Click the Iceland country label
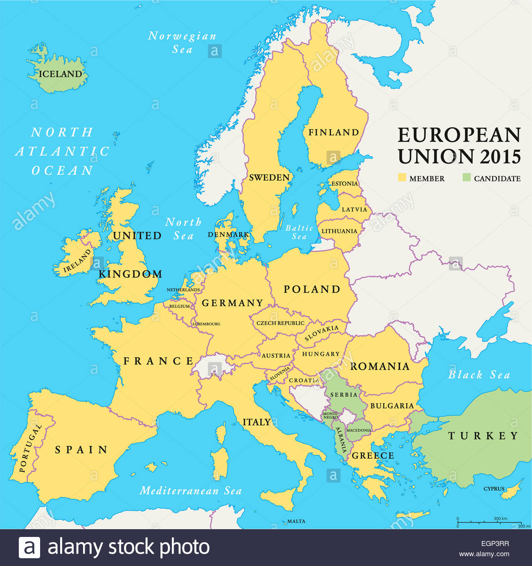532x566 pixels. tap(60, 74)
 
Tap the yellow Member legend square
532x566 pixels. tap(402, 178)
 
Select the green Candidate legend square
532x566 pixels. tap(467, 178)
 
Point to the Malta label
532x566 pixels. tap(296, 521)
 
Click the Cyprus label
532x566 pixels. tap(494, 489)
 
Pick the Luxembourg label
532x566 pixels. tap(207, 324)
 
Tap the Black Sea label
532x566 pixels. tap(479, 375)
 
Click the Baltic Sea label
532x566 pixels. tap(299, 232)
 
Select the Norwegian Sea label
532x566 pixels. tap(182, 43)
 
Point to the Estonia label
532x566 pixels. tap(344, 184)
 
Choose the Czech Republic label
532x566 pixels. tap(280, 323)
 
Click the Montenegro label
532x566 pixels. tap(330, 415)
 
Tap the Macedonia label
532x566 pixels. tap(358, 430)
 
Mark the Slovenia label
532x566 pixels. tap(280, 373)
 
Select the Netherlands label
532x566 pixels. tap(183, 290)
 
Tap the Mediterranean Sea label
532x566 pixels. tap(190, 491)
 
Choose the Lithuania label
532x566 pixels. tap(339, 231)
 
